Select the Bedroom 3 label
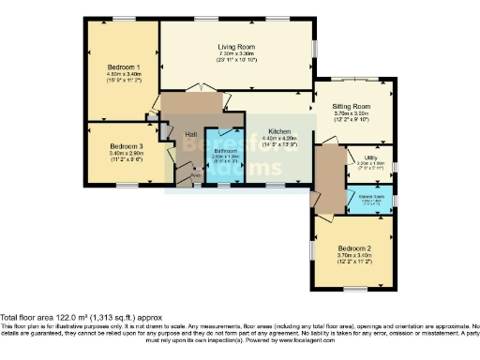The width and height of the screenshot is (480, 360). click(x=126, y=146)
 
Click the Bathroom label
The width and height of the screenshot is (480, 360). click(x=226, y=150)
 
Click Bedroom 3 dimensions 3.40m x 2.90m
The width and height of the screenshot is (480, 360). click(x=126, y=154)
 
